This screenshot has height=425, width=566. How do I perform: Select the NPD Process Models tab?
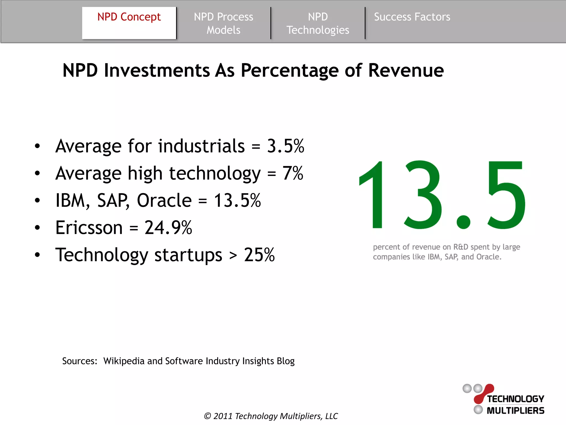(x=223, y=23)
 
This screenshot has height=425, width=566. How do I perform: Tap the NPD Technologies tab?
(x=318, y=23)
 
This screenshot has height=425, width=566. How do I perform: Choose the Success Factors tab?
(x=412, y=17)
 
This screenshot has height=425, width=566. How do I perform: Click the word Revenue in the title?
(x=406, y=70)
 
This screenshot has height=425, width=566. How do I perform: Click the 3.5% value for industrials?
(x=285, y=146)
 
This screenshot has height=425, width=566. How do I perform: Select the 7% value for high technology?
(x=293, y=173)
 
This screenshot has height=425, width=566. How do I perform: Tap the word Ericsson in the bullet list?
(x=89, y=228)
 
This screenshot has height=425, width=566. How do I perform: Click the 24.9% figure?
(x=168, y=228)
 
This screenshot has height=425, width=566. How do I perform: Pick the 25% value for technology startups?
(x=259, y=255)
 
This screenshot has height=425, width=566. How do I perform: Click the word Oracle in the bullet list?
(x=164, y=200)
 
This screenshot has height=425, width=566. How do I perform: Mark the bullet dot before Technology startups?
(x=37, y=255)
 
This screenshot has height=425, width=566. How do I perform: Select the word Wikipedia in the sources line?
(x=124, y=361)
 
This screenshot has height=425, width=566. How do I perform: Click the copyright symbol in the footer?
(x=207, y=416)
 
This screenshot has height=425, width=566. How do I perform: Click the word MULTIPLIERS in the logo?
(x=515, y=411)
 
